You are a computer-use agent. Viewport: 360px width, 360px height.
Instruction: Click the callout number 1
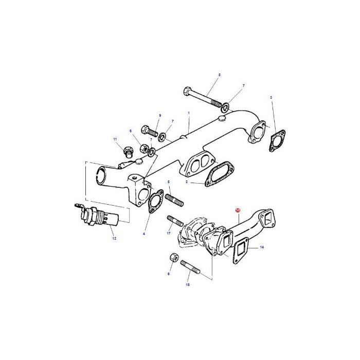[x=189, y=113]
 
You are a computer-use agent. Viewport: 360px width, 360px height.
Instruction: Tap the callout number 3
[x=271, y=97]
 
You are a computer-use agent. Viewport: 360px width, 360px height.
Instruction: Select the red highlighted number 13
[x=238, y=210]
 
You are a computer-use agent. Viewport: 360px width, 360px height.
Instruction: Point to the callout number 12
[x=114, y=238]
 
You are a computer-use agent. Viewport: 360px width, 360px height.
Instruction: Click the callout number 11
[x=115, y=140]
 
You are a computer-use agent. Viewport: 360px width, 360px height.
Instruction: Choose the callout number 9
[x=160, y=115]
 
